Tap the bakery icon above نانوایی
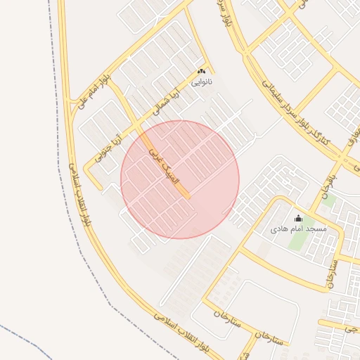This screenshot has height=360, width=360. click(x=202, y=72)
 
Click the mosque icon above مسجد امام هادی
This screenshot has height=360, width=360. click(x=297, y=219)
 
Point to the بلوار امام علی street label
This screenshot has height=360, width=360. click(x=96, y=86)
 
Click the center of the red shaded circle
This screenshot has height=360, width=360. click(x=180, y=179)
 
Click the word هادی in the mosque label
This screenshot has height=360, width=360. click(x=280, y=229)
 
